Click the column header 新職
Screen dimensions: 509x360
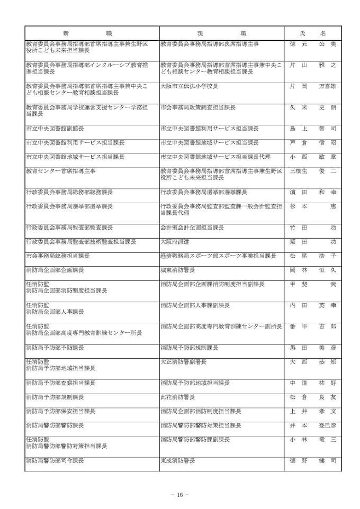point(92,33)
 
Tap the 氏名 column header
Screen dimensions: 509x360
point(313,33)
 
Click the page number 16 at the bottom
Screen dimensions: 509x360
point(180,495)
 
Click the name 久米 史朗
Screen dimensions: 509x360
point(313,107)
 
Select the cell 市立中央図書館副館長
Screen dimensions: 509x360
point(55,129)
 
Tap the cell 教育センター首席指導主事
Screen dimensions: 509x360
point(61,171)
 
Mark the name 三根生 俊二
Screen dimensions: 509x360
point(313,171)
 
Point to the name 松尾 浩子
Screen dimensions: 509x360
point(313,256)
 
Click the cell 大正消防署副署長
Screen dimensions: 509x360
point(183,362)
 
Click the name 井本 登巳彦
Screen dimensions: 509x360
point(313,425)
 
